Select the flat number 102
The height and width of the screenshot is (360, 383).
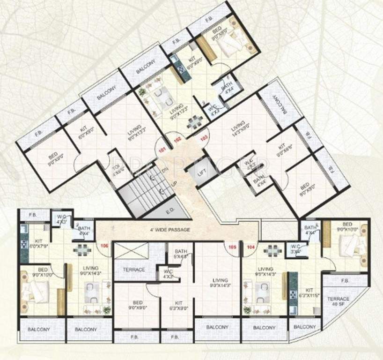[177, 140]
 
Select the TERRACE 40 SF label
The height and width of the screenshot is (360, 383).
[338, 301]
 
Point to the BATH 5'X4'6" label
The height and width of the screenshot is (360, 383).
[181, 254]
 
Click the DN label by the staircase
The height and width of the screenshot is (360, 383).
[164, 170]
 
